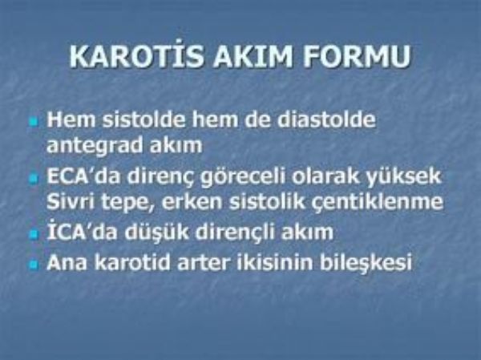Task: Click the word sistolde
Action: click(144, 119)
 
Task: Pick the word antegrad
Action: click(95, 145)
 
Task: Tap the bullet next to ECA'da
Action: click(34, 179)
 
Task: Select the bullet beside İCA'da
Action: click(34, 235)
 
